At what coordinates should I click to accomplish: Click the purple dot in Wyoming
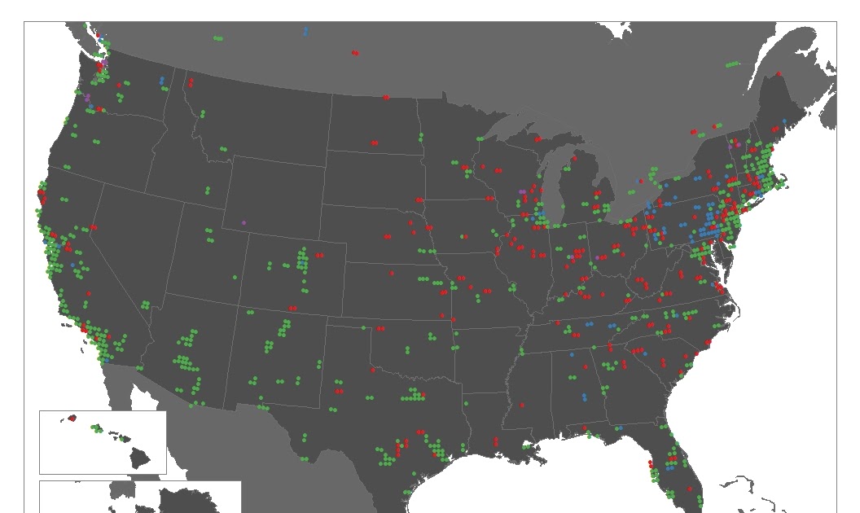tap(244, 221)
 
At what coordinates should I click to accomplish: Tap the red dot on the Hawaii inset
tap(72, 418)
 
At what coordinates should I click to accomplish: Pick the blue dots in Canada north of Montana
tap(305, 32)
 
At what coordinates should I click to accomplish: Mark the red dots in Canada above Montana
tap(355, 54)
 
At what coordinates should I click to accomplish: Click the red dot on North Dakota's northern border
tap(386, 98)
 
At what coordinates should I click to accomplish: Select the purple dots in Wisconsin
tap(522, 191)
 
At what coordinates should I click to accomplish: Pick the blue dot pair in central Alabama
tap(584, 397)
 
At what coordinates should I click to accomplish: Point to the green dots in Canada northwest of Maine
tap(733, 64)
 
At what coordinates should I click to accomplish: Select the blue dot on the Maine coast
tap(785, 121)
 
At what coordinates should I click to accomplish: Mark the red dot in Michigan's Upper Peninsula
tap(537, 139)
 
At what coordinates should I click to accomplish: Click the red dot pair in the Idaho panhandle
tap(190, 81)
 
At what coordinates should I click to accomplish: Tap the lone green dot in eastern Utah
tap(235, 277)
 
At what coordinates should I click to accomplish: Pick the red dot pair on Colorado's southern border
tap(294, 309)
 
